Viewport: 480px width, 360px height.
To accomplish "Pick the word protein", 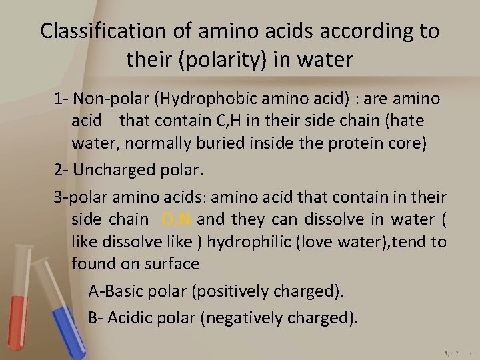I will (x=355, y=142).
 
